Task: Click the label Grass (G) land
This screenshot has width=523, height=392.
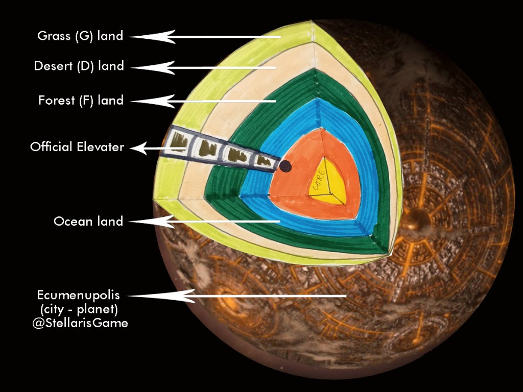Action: pos(80,36)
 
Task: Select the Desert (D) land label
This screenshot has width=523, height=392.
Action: pos(79,66)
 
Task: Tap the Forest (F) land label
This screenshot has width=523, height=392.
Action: pos(81,101)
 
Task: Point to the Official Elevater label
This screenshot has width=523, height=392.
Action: pos(77,148)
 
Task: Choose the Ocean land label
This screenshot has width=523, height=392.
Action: pos(88,222)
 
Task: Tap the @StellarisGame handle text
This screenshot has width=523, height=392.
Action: pos(80,323)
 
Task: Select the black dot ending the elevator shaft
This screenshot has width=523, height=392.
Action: pos(286,165)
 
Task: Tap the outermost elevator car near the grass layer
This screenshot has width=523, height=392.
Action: pos(179,140)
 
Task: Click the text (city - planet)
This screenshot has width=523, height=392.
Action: pos(81,309)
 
